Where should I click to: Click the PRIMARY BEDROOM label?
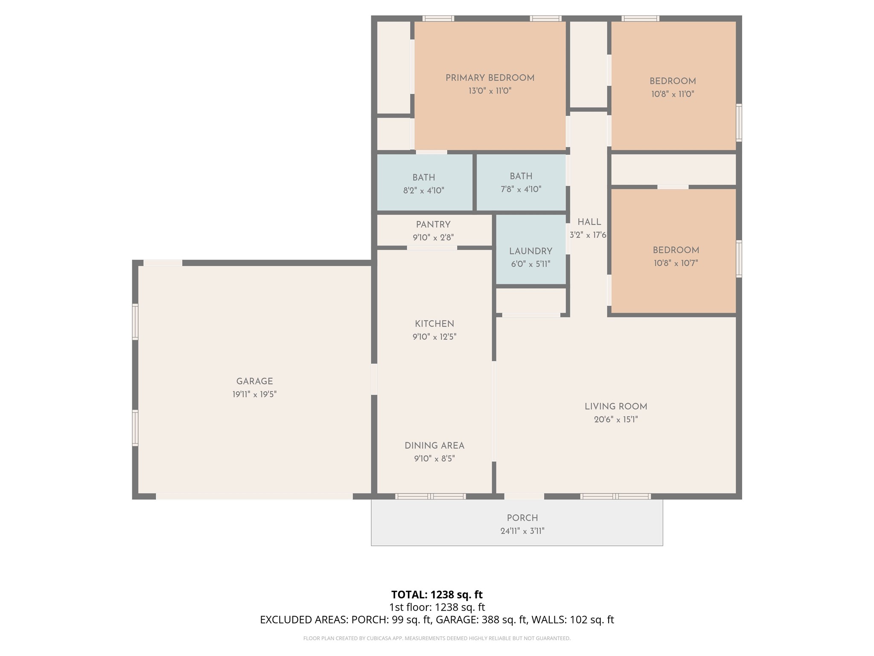(x=490, y=78)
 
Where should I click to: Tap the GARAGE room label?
(x=254, y=381)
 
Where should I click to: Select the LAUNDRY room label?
(x=530, y=252)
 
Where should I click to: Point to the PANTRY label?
(x=433, y=225)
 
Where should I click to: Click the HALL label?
(x=589, y=222)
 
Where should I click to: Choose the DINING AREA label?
(x=434, y=446)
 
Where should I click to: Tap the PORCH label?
(x=522, y=518)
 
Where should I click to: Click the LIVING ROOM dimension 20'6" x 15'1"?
(x=616, y=420)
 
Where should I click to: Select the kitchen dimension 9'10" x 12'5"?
(x=434, y=337)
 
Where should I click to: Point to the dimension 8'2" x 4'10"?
(x=424, y=190)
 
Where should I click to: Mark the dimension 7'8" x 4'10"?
(x=521, y=189)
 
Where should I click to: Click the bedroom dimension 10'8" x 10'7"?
(x=676, y=263)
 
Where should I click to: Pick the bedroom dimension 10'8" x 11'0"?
(x=673, y=94)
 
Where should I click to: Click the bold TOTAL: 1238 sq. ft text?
(x=437, y=594)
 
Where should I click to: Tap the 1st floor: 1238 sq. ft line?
(x=437, y=607)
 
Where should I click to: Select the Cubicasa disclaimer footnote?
(x=437, y=638)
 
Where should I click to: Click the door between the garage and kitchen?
(x=374, y=379)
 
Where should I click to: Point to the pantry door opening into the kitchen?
(x=432, y=248)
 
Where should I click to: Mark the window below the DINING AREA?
(x=431, y=496)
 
